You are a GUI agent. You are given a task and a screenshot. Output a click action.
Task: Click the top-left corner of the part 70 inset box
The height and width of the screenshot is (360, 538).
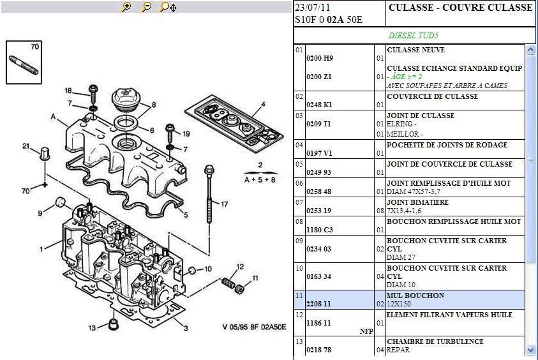[x=6, y=41]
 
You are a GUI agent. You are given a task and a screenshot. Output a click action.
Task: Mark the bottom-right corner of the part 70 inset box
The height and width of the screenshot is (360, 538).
[x=41, y=84]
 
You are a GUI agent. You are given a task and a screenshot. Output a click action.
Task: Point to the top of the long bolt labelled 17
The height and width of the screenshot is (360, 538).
[x=209, y=166]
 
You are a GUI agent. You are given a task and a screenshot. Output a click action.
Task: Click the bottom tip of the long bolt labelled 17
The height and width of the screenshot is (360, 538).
[x=209, y=223]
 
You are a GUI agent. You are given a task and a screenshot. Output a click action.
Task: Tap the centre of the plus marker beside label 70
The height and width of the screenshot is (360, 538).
[x=45, y=184]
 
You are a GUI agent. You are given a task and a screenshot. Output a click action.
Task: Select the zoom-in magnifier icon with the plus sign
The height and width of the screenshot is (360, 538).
[x=126, y=7]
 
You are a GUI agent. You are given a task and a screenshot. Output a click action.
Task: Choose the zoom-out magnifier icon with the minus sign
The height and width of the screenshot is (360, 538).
[x=146, y=7]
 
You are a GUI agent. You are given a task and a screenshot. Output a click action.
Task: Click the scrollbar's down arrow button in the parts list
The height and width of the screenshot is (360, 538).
[x=530, y=350]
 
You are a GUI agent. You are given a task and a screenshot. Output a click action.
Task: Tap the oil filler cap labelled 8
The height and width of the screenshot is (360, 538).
[x=125, y=99]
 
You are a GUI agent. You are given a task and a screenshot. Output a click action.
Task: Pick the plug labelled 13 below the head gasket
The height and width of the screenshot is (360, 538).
[x=113, y=324]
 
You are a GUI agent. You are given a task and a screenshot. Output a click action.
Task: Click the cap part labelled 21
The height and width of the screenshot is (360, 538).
[x=45, y=154]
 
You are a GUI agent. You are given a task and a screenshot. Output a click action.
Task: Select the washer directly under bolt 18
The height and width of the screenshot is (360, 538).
[x=93, y=109]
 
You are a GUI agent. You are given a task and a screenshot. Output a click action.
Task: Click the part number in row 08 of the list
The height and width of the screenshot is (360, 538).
[x=320, y=230]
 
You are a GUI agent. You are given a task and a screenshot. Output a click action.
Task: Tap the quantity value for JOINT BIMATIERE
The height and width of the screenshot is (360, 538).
[x=380, y=211]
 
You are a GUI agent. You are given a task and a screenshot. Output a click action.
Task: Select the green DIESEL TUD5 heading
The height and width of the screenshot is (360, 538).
[x=413, y=35]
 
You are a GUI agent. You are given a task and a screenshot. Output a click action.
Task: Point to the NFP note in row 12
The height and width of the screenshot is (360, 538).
[x=366, y=331]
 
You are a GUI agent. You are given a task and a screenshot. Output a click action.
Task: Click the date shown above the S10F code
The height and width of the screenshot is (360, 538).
[x=312, y=7]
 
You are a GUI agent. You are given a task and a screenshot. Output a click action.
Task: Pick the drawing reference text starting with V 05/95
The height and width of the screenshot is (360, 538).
[x=254, y=327]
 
